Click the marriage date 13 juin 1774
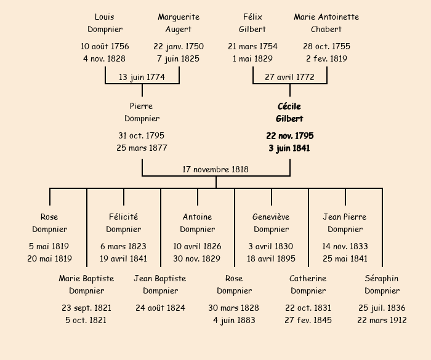tap(142, 77)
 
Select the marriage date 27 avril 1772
tap(289, 77)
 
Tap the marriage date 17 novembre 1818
tap(216, 169)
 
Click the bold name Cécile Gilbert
tap(289, 113)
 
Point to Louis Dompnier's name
tap(105, 23)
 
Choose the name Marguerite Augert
tap(179, 23)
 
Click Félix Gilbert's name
tap(252, 23)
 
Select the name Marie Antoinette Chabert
tap(326, 23)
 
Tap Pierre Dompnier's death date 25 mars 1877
tap(142, 148)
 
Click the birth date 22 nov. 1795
tap(289, 135)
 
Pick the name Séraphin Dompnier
tap(382, 284)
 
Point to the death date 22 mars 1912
tap(382, 320)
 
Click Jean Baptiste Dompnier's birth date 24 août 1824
tap(160, 308)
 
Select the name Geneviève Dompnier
tap(271, 223)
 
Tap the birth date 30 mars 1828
tap(234, 308)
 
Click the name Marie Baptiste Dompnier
tap(86, 284)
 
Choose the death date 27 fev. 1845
tap(308, 320)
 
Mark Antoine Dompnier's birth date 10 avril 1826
tap(197, 246)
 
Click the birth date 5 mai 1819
tap(49, 246)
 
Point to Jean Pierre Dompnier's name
tap(345, 223)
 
